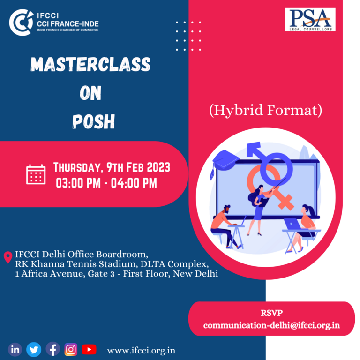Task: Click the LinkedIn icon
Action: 15,349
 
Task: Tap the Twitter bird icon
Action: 34,350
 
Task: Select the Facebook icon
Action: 53,349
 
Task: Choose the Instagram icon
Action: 71,349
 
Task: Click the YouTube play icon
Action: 89,349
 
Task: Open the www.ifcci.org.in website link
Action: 141,351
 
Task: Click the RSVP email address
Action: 271,326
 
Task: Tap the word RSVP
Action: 271,313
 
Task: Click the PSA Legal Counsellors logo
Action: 310,19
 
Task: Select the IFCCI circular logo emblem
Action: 21,22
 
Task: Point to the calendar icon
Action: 36,174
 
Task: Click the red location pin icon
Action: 8,257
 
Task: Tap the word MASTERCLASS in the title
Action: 90,64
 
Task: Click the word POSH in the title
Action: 94,121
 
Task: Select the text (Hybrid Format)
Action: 266,110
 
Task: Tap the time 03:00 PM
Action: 78,183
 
